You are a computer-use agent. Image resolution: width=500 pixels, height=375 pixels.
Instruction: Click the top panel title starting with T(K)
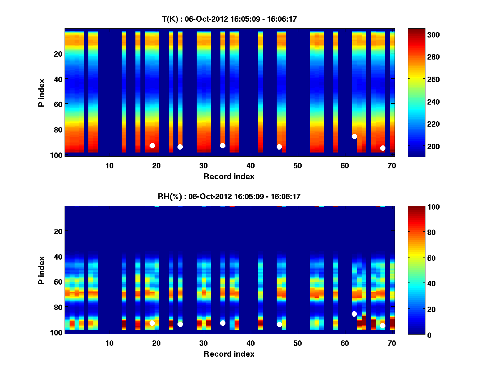[229, 19]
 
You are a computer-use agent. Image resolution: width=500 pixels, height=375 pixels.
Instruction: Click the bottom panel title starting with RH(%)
[229, 197]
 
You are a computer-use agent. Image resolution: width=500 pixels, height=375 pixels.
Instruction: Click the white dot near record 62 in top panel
[354, 136]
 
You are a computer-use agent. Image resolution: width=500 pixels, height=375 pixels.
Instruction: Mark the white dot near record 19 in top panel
[152, 145]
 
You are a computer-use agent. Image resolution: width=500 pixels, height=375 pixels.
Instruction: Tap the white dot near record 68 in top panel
[382, 148]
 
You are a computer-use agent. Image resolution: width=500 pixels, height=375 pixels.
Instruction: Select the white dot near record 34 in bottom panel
[222, 323]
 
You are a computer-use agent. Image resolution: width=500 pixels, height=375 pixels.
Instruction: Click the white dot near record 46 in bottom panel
[279, 324]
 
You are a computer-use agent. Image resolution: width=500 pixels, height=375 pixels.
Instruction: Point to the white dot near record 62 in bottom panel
[354, 314]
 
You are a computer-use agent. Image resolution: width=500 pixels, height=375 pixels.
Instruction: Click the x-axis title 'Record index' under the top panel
[229, 176]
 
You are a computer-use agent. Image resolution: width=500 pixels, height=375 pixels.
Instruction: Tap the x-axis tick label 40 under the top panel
[250, 165]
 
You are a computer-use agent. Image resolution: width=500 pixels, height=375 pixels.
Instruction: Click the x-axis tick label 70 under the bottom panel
[392, 343]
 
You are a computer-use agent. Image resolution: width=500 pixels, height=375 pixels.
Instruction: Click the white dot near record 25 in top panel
[180, 147]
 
